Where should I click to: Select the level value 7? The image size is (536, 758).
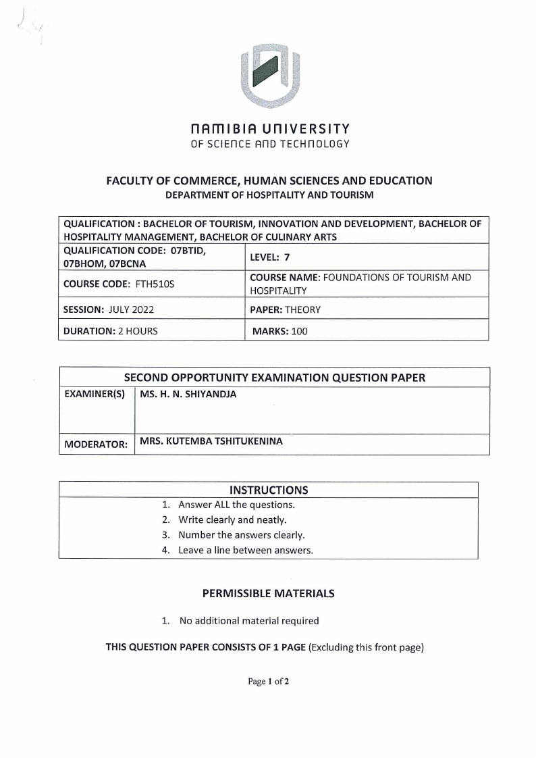[287, 257]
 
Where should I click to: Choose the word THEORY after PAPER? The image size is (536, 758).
[303, 310]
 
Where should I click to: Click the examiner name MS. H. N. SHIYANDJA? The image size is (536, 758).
[188, 395]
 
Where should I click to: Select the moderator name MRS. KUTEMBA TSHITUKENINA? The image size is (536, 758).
[211, 443]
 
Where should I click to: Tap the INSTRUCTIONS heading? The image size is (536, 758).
[269, 490]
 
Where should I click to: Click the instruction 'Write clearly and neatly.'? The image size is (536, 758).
[232, 520]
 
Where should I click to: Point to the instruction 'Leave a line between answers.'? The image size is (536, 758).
[245, 550]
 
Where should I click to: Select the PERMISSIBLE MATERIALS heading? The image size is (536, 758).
[268, 594]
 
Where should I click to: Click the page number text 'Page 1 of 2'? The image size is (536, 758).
[268, 682]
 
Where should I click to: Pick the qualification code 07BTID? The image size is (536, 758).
[188, 250]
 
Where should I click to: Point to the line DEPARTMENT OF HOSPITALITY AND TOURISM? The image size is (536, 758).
[269, 195]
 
